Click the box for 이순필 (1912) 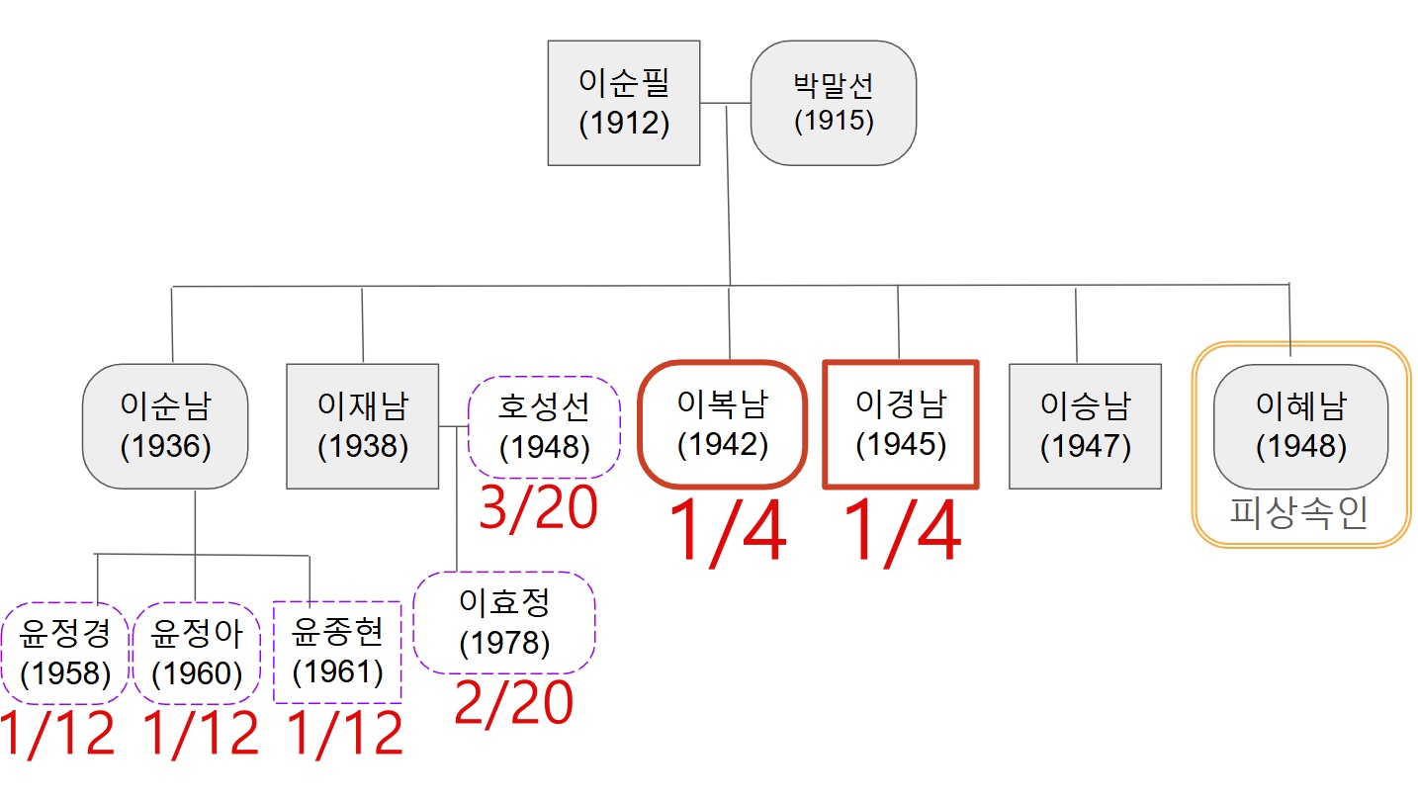point(624,102)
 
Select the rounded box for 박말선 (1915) point(834,102)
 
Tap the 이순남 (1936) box point(165,425)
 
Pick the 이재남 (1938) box point(362,425)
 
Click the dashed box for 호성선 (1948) point(544,427)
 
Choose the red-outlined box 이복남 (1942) point(723,423)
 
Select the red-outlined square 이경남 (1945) point(901,423)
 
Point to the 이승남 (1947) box point(1085,425)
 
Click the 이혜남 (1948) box point(1300,425)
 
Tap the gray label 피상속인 point(1299,512)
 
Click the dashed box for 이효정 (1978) point(504,623)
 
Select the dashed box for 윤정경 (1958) point(65,652)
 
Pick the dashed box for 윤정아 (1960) point(197,652)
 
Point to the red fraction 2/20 point(513,703)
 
